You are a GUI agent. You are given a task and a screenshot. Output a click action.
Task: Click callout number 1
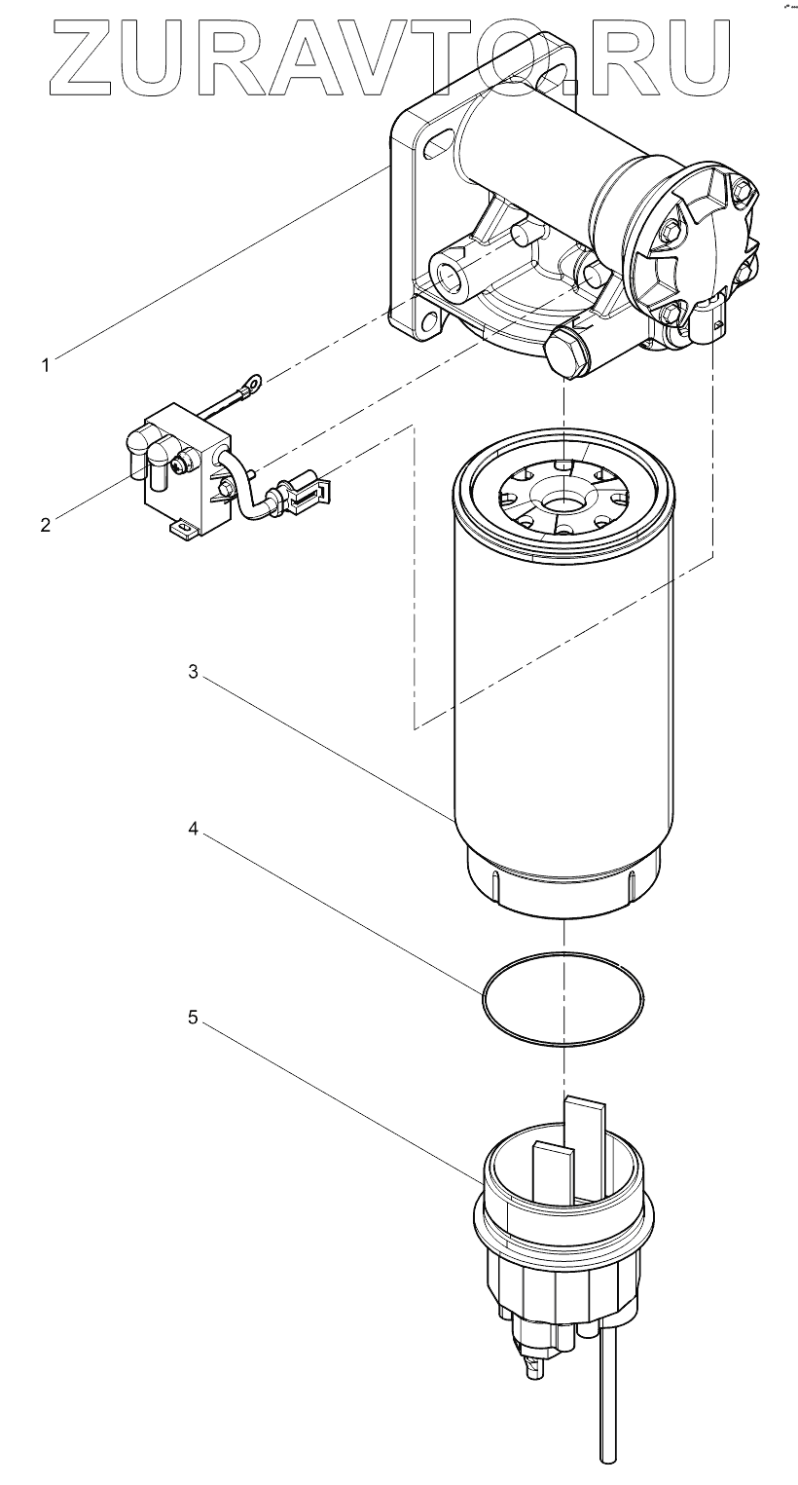[45, 365]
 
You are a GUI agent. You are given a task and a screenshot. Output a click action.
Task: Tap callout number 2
[45, 525]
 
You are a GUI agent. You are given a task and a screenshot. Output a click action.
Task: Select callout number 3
[193, 672]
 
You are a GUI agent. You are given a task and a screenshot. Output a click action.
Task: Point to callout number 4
[193, 831]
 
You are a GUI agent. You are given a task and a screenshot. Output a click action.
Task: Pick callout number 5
[193, 1018]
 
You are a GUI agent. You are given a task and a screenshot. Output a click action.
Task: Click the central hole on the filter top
[563, 503]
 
